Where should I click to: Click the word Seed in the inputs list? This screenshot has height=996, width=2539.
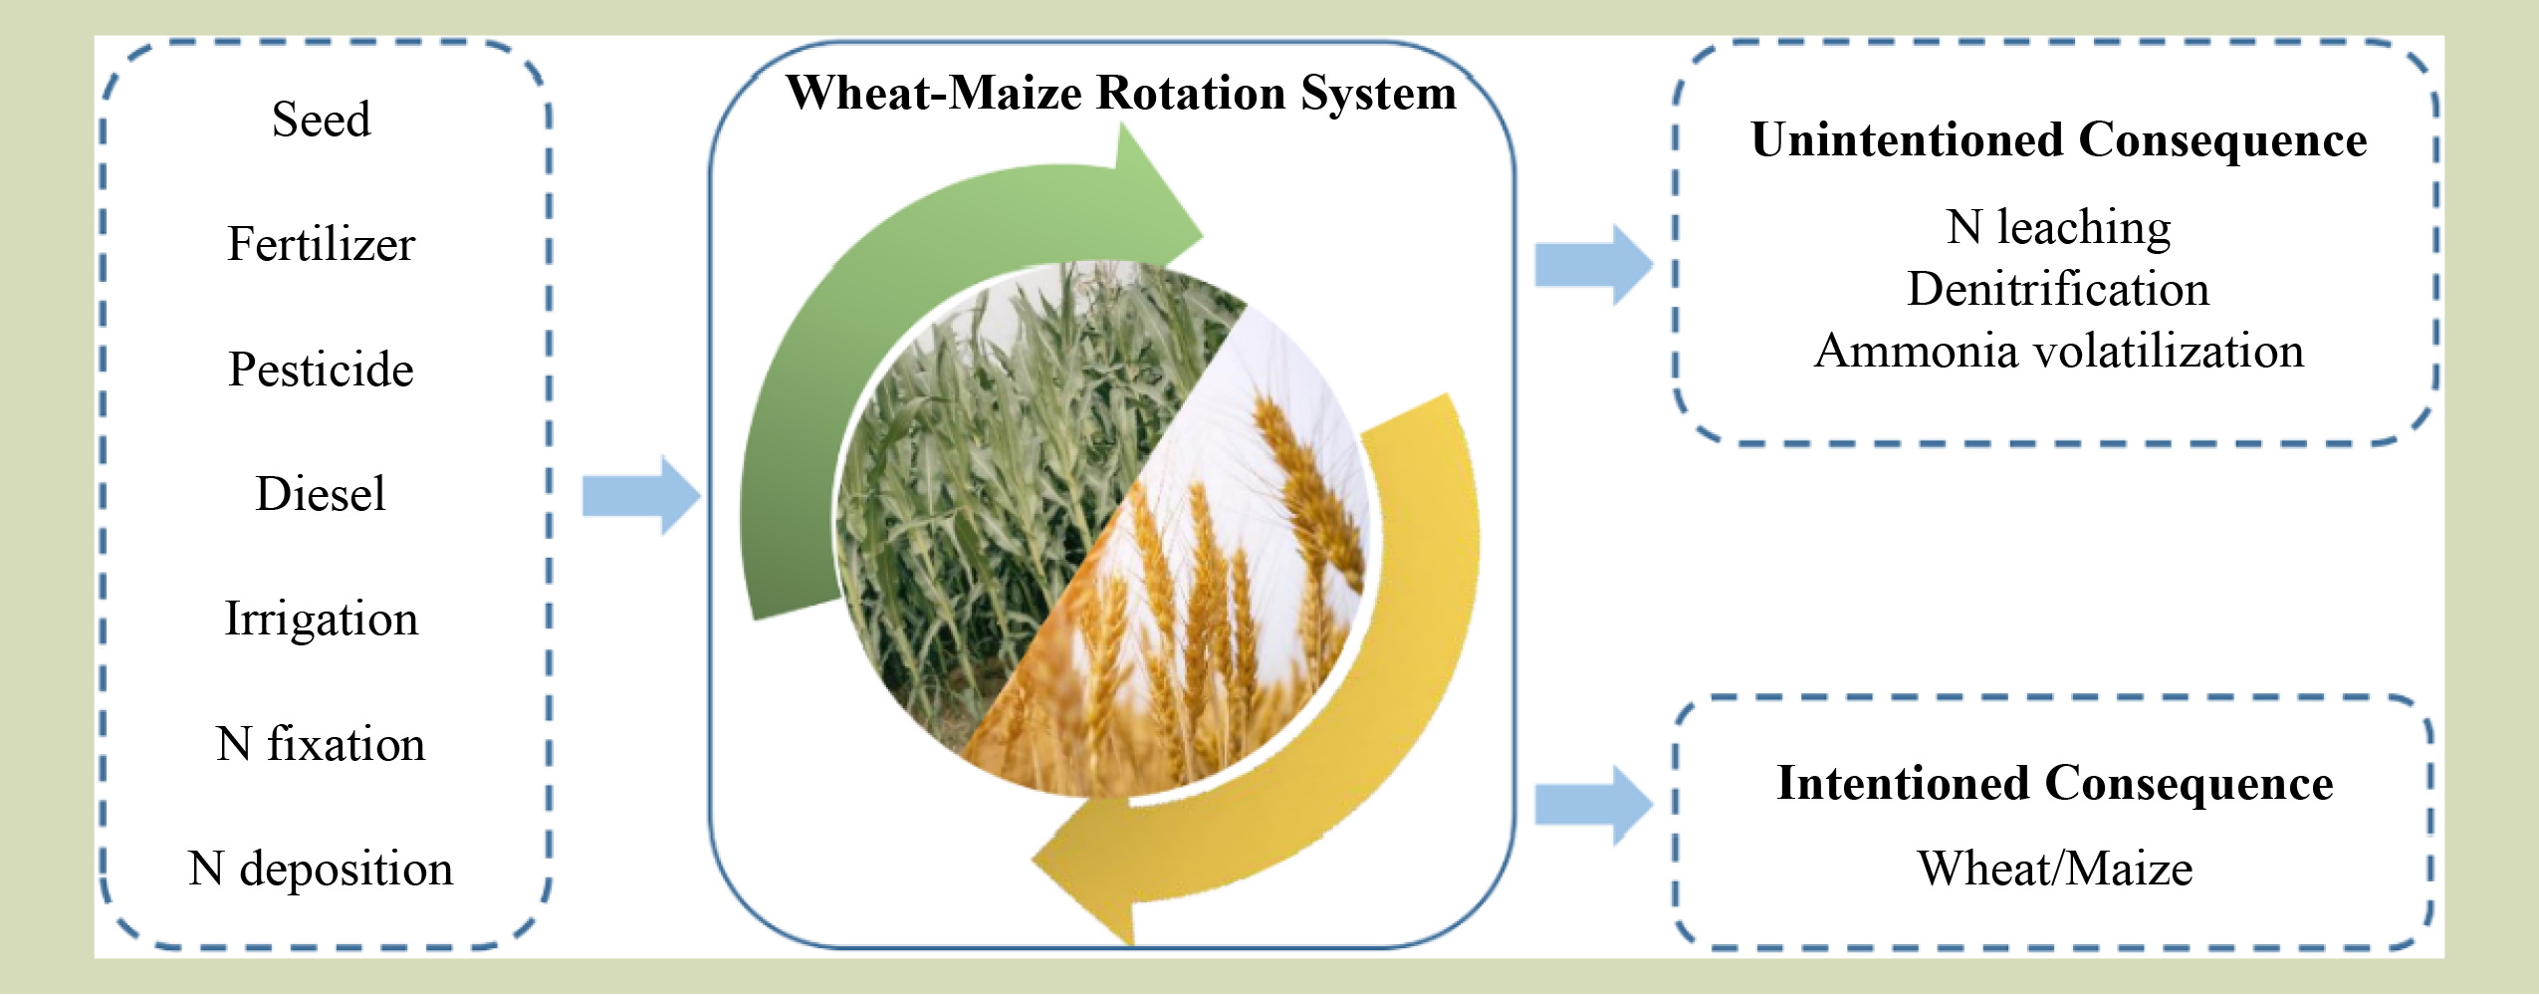321,120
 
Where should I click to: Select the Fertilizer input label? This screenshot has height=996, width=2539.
321,244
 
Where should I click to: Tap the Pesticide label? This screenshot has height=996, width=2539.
321,370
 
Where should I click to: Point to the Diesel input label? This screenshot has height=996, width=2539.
321,494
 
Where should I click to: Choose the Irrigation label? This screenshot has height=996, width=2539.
321,619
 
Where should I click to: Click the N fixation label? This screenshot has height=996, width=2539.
321,744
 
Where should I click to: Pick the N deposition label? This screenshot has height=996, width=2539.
321,869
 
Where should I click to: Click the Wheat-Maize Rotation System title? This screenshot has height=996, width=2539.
1120,94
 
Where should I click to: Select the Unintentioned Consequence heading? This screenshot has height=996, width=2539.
2059,139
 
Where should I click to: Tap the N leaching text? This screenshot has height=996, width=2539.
2059,228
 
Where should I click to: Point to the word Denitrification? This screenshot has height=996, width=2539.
2059,289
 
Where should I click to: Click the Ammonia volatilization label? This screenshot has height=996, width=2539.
2059,351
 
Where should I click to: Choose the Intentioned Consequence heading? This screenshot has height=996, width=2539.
2055,783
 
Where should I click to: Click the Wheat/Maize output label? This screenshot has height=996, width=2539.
2055,869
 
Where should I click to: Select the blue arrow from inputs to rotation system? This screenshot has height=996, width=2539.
641,495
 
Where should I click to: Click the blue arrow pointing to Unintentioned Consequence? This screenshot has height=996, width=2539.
1594,265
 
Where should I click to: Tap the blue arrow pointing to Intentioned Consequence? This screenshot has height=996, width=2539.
1594,805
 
